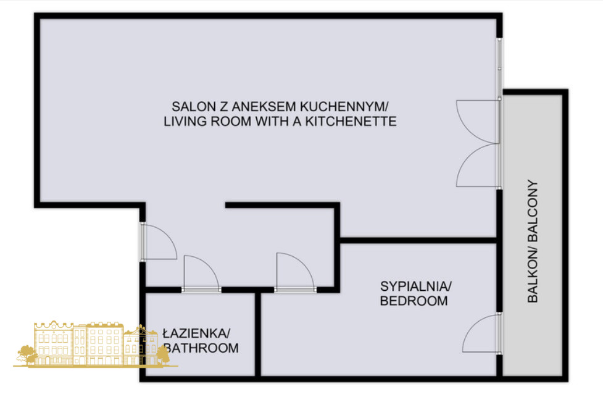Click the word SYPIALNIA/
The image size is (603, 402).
(x=416, y=287)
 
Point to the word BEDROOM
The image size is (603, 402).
(x=414, y=301)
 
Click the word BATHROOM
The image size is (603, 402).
(x=201, y=348)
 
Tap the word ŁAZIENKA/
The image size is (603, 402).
(x=196, y=333)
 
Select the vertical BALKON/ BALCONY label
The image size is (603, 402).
(x=533, y=241)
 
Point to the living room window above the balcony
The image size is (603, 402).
(x=499, y=69)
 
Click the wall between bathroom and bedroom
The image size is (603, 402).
(x=258, y=334)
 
